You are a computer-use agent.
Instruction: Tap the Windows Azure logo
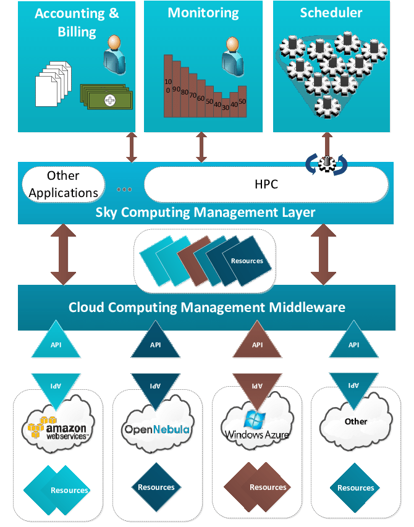[x=255, y=426]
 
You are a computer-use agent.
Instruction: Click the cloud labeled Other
[x=355, y=422]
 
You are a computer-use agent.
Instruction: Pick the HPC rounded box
[x=266, y=184]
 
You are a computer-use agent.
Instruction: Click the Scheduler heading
[x=331, y=12]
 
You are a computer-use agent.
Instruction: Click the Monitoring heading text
[x=203, y=12]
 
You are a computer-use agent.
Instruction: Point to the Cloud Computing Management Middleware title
[x=206, y=307]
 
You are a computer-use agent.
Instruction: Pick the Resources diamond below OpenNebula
[x=156, y=487]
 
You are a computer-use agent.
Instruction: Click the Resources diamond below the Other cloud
[x=355, y=487]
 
